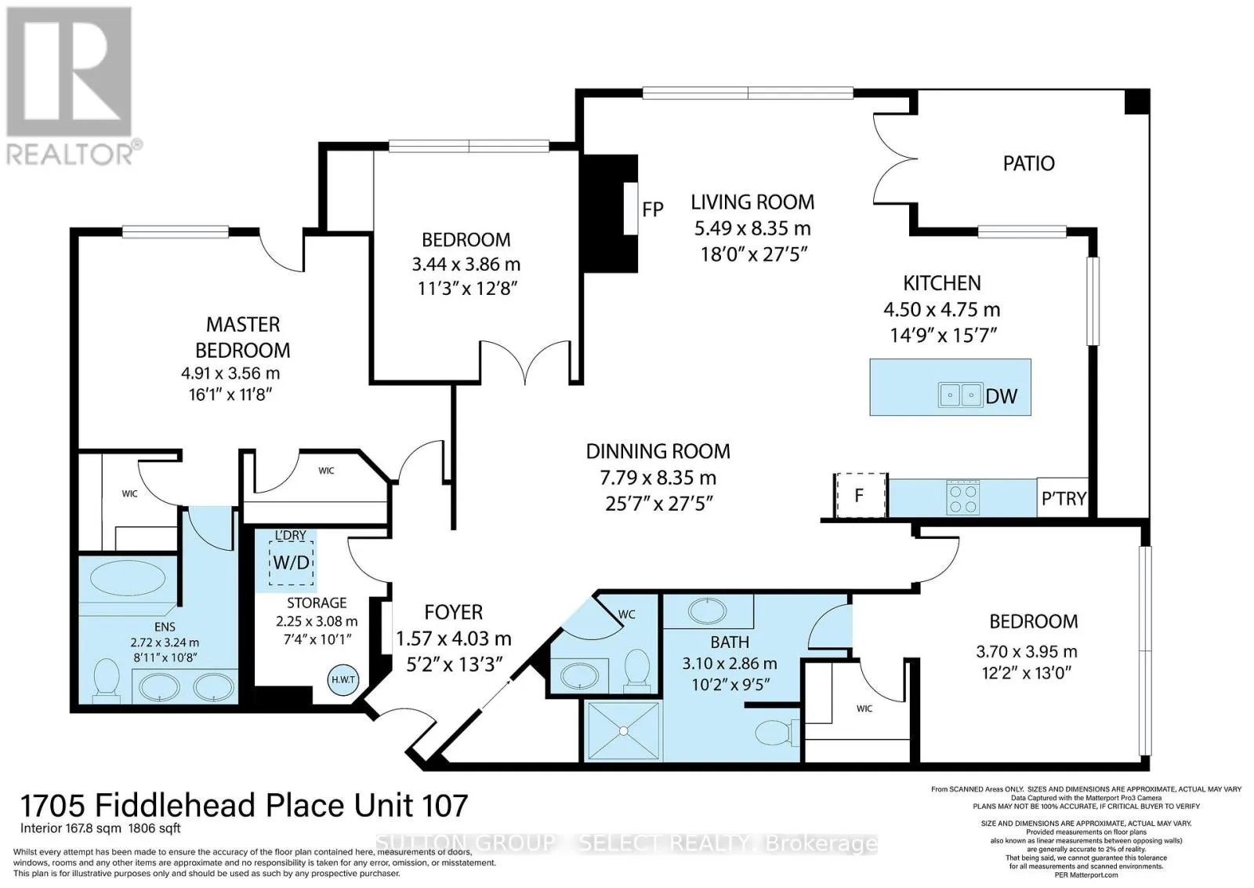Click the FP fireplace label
[652, 209]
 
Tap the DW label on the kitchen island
[1001, 396]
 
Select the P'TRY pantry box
[1063, 498]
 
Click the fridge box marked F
[859, 496]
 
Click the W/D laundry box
[291, 562]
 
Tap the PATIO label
[1028, 163]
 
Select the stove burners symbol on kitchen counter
[963, 497]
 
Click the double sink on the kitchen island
[960, 395]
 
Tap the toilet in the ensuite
[104, 679]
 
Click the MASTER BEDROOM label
[242, 337]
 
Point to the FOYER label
[453, 612]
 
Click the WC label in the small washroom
[626, 614]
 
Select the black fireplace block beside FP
[607, 212]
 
